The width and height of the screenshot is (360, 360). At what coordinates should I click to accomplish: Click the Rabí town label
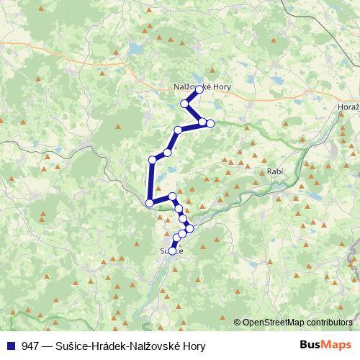274,172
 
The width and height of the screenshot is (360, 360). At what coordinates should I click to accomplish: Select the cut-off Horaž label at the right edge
348,107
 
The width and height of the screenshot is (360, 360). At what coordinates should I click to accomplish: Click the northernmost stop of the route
199,89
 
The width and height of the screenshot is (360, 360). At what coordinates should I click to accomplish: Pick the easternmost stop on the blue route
210,123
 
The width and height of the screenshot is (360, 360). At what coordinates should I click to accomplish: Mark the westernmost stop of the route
149,203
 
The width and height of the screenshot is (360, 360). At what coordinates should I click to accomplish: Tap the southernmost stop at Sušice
171,250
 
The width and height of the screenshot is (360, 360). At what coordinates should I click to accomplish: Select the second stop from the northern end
185,104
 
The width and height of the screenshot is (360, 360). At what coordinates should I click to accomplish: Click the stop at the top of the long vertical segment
152,160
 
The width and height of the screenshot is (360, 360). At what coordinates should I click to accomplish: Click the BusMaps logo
327,344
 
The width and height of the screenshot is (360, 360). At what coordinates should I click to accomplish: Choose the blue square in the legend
12,345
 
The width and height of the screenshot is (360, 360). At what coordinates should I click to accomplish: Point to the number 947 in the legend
31,345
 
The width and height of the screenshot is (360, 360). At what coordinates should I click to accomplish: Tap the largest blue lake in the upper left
135,49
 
